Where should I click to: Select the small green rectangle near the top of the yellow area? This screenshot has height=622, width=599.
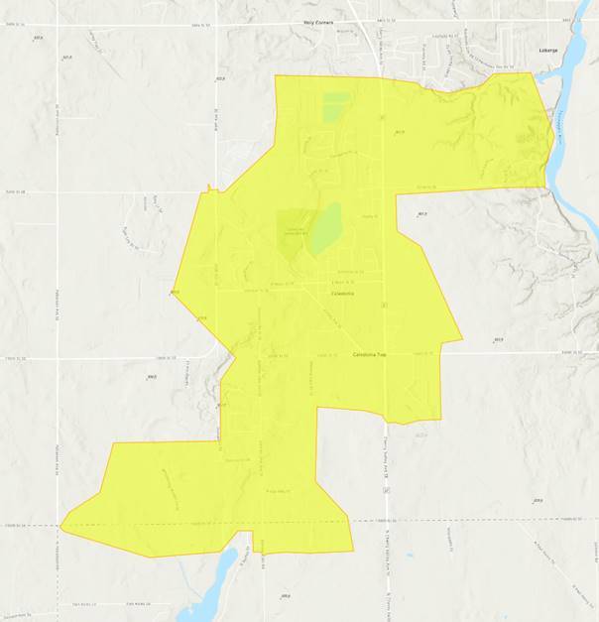click(x=335, y=106)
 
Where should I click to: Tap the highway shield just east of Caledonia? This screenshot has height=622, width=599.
click(x=383, y=305)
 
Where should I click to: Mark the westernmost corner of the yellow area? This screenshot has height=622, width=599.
click(x=60, y=526)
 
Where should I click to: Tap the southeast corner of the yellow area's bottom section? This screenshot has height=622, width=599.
click(x=353, y=551)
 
